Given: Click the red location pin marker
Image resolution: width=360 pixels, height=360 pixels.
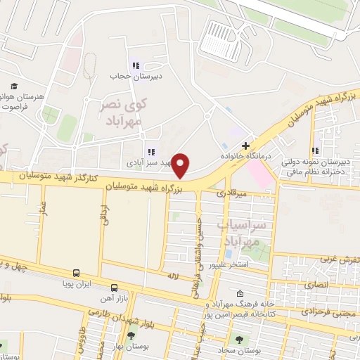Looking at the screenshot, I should (181, 166).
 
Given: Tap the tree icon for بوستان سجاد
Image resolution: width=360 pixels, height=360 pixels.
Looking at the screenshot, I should (239, 338).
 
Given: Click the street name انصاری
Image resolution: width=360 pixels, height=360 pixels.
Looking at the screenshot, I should (319, 285).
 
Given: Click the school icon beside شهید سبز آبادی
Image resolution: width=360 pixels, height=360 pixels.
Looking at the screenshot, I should (150, 151).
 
